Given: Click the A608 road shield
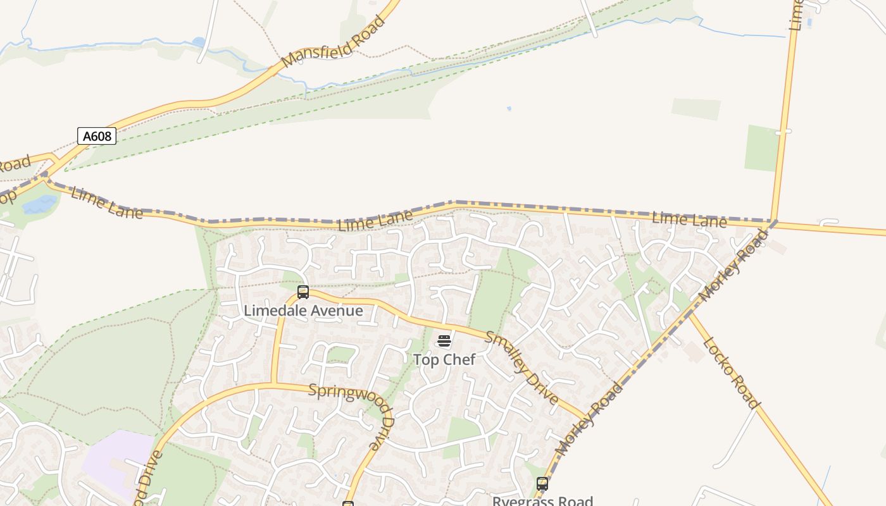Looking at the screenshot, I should pos(97,136).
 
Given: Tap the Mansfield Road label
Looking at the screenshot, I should pos(334,42).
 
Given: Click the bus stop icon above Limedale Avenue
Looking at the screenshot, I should pos(303,292).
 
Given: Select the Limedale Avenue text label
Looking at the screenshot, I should pos(303,311).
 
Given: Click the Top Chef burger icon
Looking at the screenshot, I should pos(444,342).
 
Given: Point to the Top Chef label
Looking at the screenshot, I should pos(444,359).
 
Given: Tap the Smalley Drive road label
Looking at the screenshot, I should pos(522,367).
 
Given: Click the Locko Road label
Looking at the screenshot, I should pos(730,373).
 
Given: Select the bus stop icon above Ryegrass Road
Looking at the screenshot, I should pos(542,484).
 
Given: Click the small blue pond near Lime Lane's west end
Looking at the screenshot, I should pos(39,204).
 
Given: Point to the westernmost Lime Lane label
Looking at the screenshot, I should pos(107,202).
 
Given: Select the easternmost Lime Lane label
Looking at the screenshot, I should pos(689,219).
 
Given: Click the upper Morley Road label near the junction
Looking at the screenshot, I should pos(734,265).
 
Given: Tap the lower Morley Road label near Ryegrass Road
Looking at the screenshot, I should pos(589,418).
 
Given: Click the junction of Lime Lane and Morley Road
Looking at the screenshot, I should pos(773,221).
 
